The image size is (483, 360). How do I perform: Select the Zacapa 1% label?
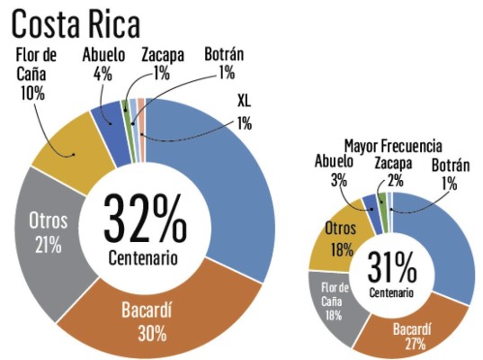point(162,65)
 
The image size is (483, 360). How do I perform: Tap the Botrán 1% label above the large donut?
point(225,65)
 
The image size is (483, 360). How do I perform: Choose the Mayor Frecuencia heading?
point(392,145)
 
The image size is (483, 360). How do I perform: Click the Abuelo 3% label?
point(334,169)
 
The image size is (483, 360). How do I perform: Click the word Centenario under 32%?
point(143,258)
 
